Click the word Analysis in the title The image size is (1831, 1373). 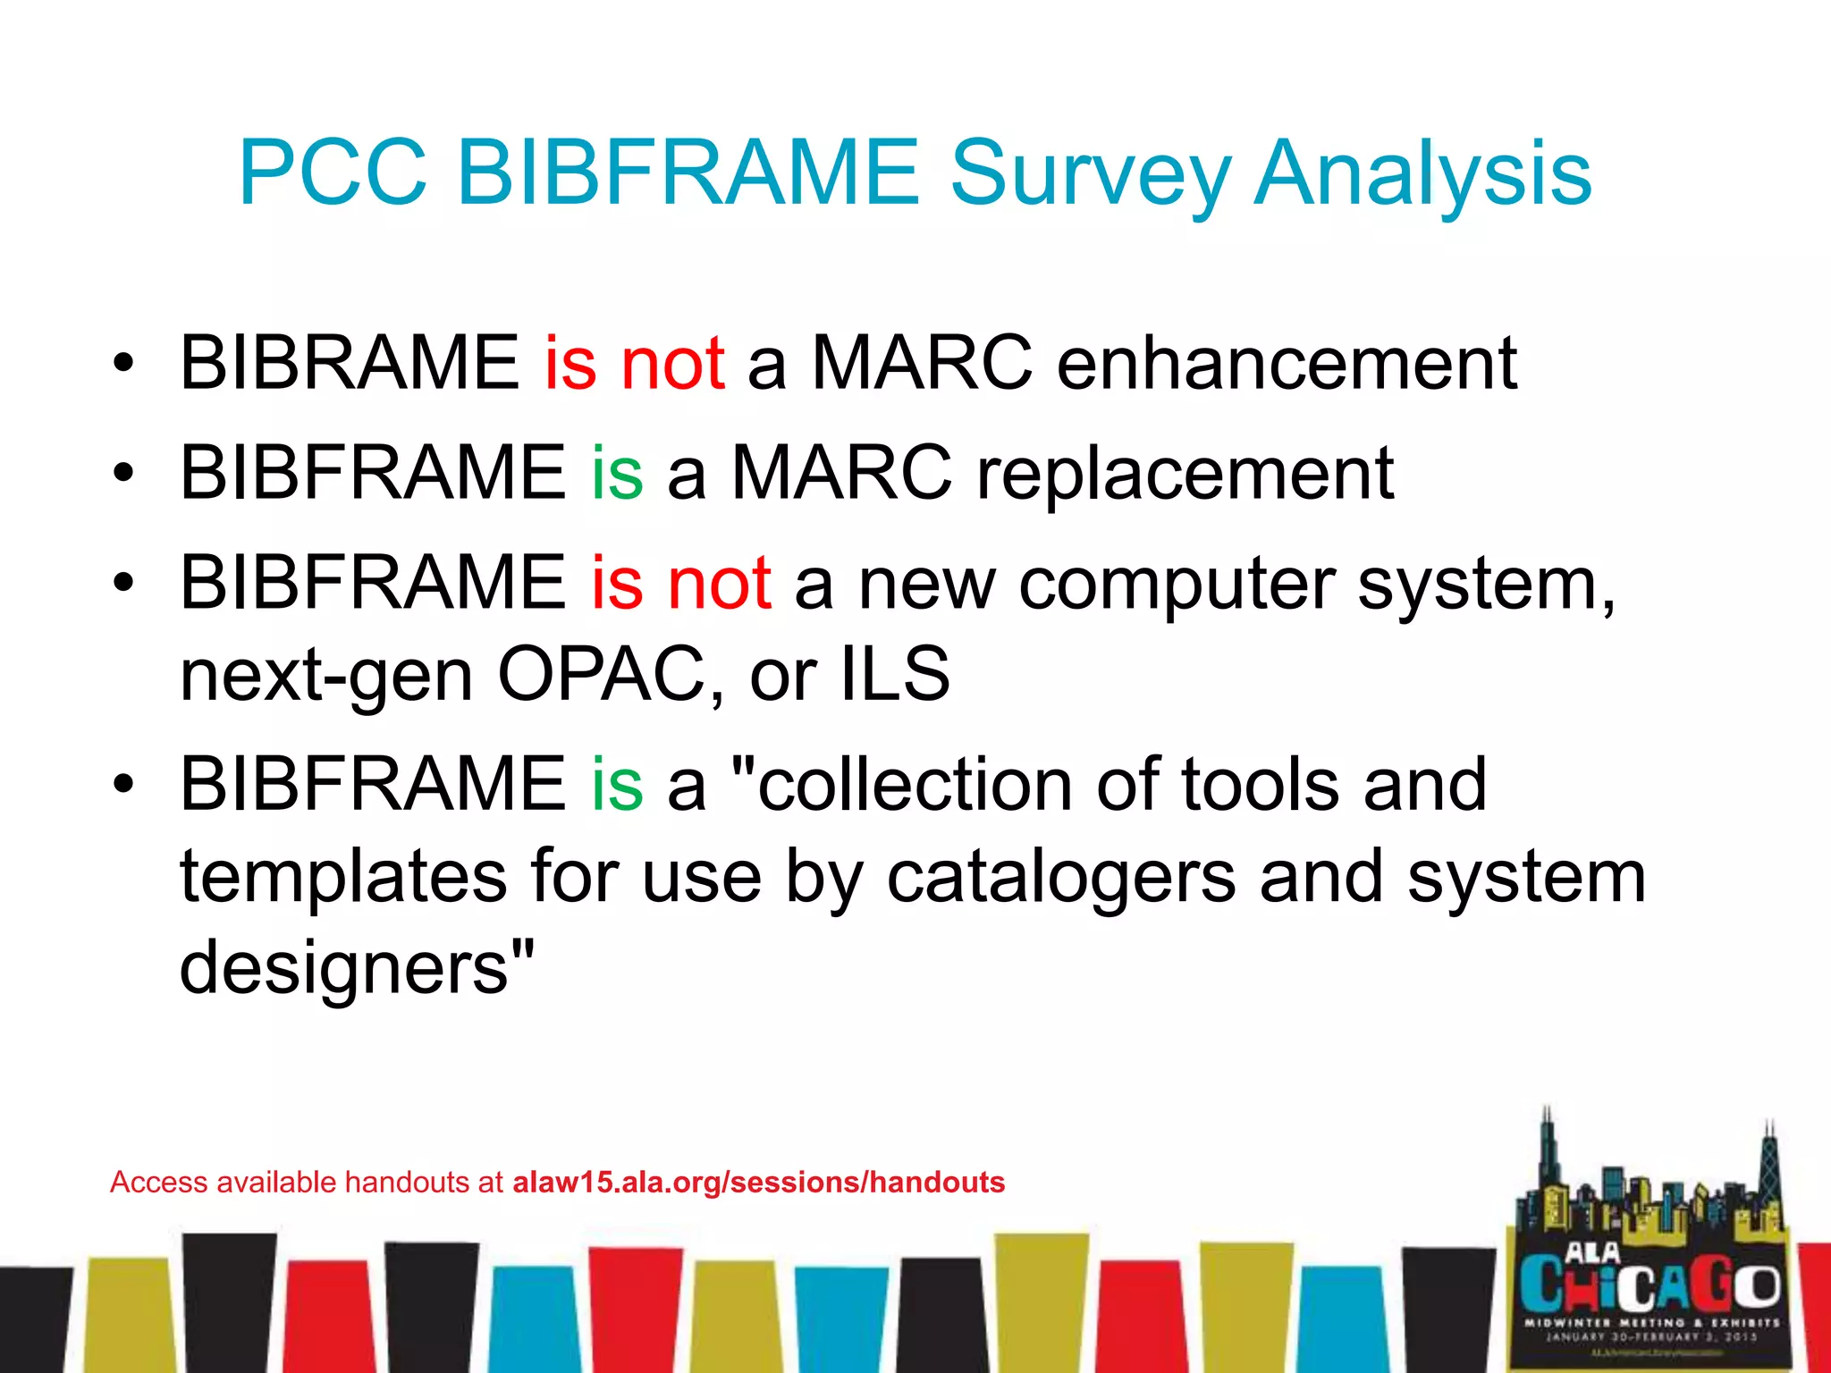[x=1422, y=173]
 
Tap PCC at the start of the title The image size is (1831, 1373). [x=333, y=173]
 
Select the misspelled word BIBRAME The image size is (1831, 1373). [x=349, y=363]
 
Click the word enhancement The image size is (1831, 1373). [x=1287, y=363]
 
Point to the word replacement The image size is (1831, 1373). [x=1185, y=473]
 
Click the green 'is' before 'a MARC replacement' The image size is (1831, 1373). [x=617, y=473]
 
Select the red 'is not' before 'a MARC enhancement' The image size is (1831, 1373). [x=634, y=363]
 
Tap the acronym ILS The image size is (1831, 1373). [x=895, y=674]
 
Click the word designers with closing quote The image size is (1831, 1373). [x=357, y=969]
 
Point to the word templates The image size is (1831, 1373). [x=343, y=878]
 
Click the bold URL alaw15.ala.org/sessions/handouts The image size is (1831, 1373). [x=758, y=1182]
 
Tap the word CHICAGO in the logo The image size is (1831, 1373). [x=1650, y=1285]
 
